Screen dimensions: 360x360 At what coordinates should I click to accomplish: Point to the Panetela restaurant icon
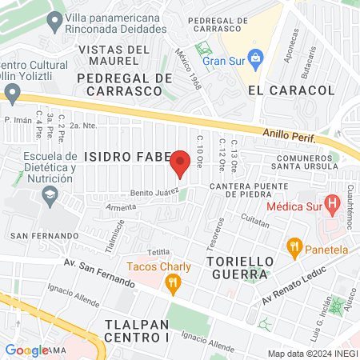(295, 249)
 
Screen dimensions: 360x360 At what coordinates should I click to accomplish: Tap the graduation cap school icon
(50, 194)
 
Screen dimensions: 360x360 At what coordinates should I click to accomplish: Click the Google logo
(26, 350)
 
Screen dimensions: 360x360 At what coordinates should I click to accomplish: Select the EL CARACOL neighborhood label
(279, 90)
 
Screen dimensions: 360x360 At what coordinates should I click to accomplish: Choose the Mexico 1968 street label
(189, 68)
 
